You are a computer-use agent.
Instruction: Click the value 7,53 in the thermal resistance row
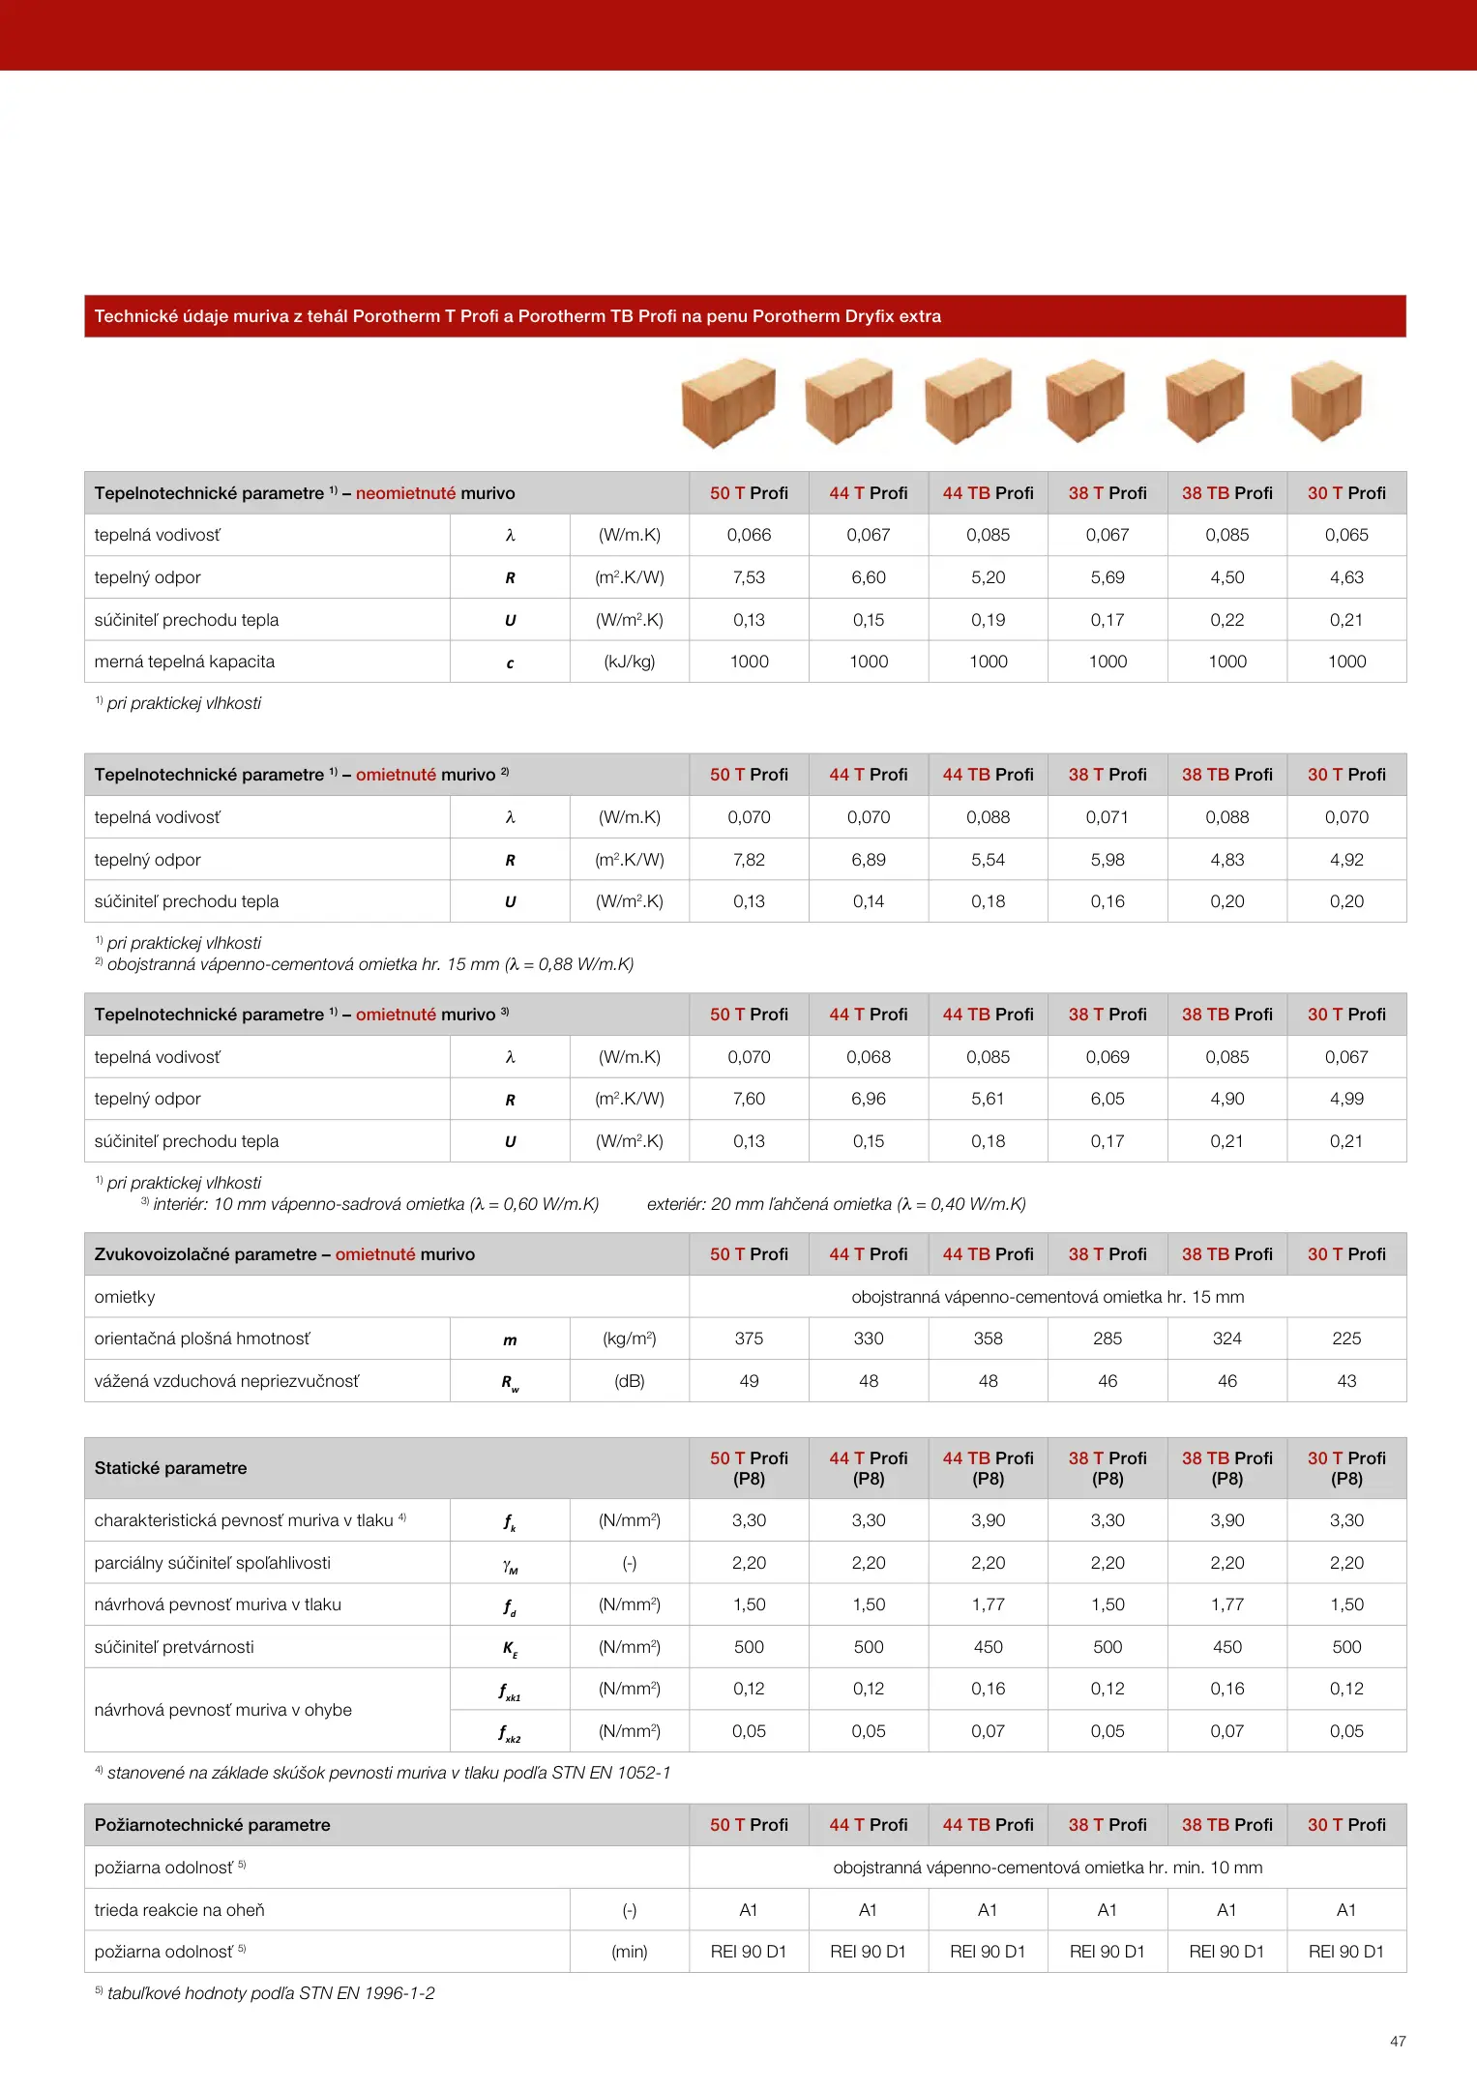click(x=749, y=577)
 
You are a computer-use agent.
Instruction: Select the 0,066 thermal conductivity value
click(x=749, y=535)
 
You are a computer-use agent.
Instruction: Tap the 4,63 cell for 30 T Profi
click(x=1346, y=577)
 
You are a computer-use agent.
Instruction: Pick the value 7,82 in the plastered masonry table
click(x=749, y=860)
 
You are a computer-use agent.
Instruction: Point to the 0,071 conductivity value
click(x=1108, y=817)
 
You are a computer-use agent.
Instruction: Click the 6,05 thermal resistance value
click(x=1108, y=1099)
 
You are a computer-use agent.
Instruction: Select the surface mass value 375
click(x=749, y=1339)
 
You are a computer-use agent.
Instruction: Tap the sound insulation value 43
click(x=1346, y=1381)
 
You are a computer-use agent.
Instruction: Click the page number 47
click(x=1398, y=2041)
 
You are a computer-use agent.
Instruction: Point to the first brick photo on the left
click(x=728, y=402)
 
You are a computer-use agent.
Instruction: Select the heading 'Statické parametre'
click(x=171, y=1468)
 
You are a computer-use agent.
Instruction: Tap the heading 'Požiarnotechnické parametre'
click(x=213, y=1825)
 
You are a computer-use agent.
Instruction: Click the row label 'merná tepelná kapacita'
click(x=185, y=662)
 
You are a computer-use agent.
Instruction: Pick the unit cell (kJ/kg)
click(x=630, y=662)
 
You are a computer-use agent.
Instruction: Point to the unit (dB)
click(x=630, y=1381)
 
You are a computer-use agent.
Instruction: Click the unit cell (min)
click(x=630, y=1952)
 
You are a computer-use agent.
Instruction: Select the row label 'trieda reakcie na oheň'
click(x=180, y=1910)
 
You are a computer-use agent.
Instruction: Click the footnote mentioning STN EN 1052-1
click(x=387, y=1773)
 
